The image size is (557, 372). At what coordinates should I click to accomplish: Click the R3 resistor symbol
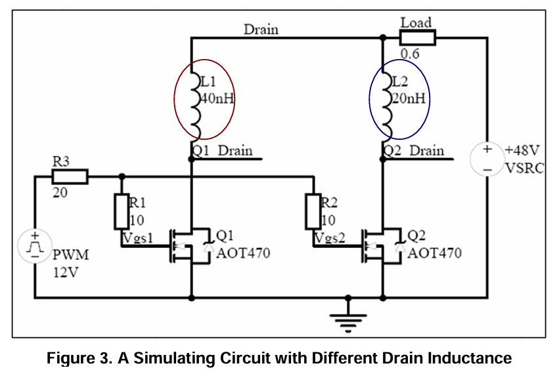coord(69,176)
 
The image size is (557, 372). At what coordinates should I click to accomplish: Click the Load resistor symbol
coord(416,37)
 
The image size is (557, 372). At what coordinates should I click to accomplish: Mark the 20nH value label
coord(410,99)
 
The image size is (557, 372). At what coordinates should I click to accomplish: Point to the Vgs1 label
coord(138,238)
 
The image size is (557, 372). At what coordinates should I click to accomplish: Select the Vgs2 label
coord(330,238)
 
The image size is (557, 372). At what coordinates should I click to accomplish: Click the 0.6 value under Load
coord(410,54)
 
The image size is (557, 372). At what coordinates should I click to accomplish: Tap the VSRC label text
coord(524,167)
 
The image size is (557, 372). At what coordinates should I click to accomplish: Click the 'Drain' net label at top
coord(261,30)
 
